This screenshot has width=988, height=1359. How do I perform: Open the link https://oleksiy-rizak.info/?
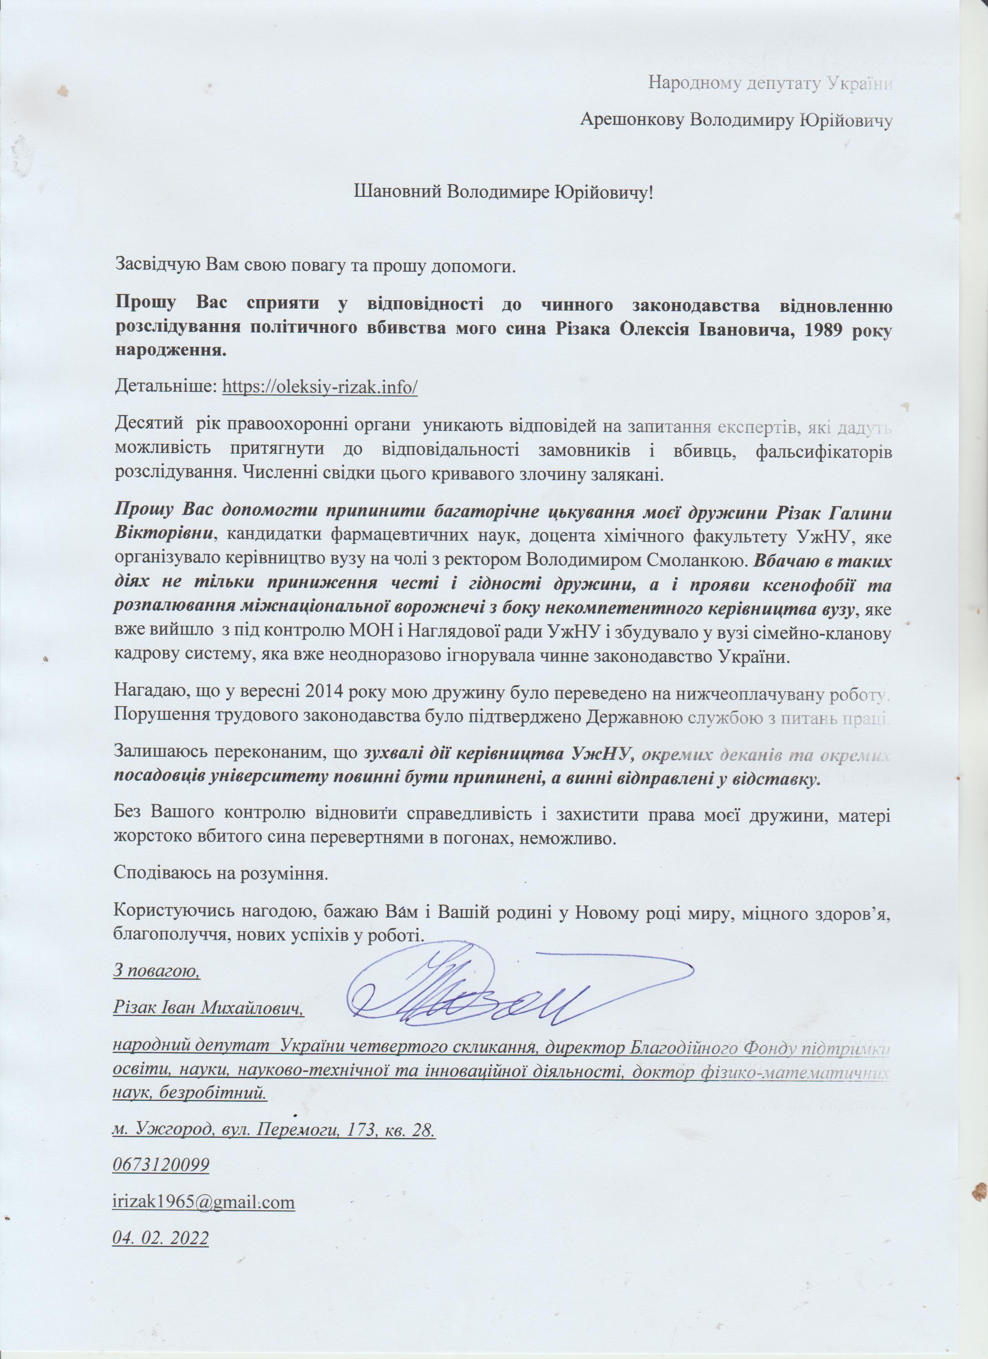[x=319, y=386]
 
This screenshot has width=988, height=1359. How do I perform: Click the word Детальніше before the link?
[x=165, y=386]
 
